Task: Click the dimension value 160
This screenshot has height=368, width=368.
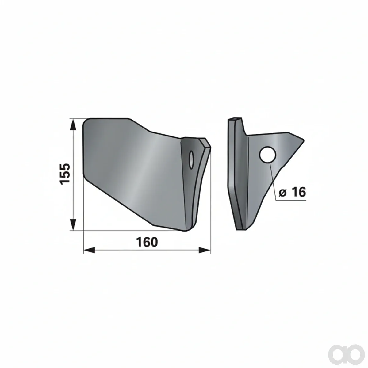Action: pyautogui.click(x=147, y=242)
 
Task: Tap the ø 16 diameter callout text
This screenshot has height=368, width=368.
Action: pyautogui.click(x=292, y=192)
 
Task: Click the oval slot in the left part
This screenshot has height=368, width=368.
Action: pyautogui.click(x=191, y=160)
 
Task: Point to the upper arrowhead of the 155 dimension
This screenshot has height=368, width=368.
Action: pyautogui.click(x=73, y=125)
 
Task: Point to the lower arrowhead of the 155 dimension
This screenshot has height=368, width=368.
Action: pyautogui.click(x=73, y=224)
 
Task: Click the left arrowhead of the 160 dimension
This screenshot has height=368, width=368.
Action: pyautogui.click(x=89, y=250)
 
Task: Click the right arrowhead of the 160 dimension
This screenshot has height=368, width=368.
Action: pyautogui.click(x=205, y=250)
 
